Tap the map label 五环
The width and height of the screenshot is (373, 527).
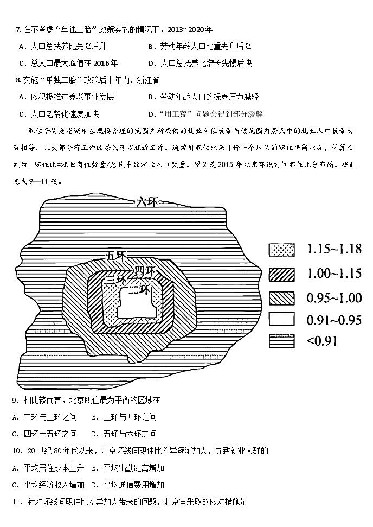(x=117, y=255)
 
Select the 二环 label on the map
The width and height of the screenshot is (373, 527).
(x=138, y=289)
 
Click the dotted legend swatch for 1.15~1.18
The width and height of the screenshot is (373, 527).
(x=281, y=250)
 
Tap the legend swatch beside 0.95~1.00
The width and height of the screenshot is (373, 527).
(x=281, y=297)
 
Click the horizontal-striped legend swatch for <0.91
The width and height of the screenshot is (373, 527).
(x=281, y=341)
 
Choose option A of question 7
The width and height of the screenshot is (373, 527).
(x=60, y=47)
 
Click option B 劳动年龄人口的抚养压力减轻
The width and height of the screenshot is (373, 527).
(x=203, y=97)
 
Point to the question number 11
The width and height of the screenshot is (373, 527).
(x=15, y=501)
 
